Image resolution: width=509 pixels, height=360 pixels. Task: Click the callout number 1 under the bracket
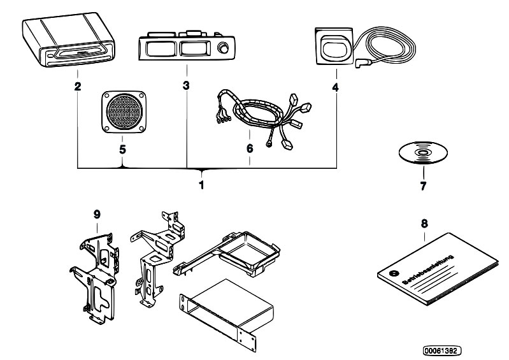coord(201,185)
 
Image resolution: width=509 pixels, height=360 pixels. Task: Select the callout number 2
coord(77,86)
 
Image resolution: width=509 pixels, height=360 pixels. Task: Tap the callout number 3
coord(186,86)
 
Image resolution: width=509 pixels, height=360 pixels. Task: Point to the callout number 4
coord(336,86)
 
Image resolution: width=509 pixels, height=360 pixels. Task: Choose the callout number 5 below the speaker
coord(121,150)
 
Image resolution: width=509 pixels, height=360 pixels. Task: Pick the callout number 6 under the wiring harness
coord(250,149)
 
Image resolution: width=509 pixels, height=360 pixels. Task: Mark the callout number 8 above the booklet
coord(424,224)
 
